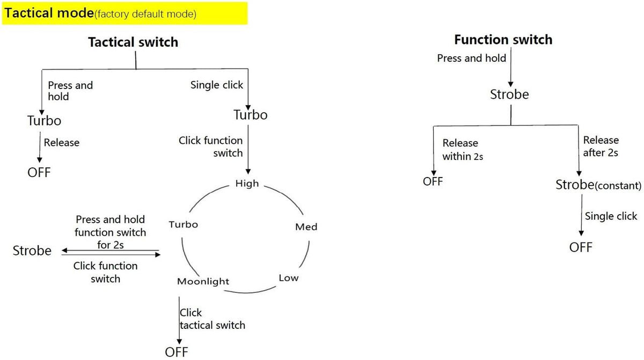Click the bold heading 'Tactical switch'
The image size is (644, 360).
[133, 42]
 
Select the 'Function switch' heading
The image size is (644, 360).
[503, 40]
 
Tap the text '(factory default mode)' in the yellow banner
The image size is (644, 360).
[145, 14]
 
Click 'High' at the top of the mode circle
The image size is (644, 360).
[247, 183]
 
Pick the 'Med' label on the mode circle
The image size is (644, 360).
[306, 227]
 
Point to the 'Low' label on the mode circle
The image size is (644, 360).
[288, 278]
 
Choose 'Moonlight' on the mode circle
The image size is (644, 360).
[203, 281]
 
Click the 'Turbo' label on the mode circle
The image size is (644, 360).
[183, 224]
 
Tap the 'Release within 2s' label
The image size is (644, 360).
[463, 150]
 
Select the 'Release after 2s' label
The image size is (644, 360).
[601, 146]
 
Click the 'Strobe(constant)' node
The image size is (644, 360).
[598, 185]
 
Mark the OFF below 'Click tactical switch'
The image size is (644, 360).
[176, 352]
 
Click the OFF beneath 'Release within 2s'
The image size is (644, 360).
[433, 181]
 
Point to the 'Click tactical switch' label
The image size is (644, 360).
[213, 319]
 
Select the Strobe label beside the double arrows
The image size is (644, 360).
[32, 251]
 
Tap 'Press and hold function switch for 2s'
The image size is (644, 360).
[111, 232]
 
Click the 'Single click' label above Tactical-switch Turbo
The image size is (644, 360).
[216, 85]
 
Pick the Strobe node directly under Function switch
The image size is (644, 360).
[509, 94]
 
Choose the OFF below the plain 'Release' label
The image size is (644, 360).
[39, 172]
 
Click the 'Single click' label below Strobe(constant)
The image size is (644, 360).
[611, 216]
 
